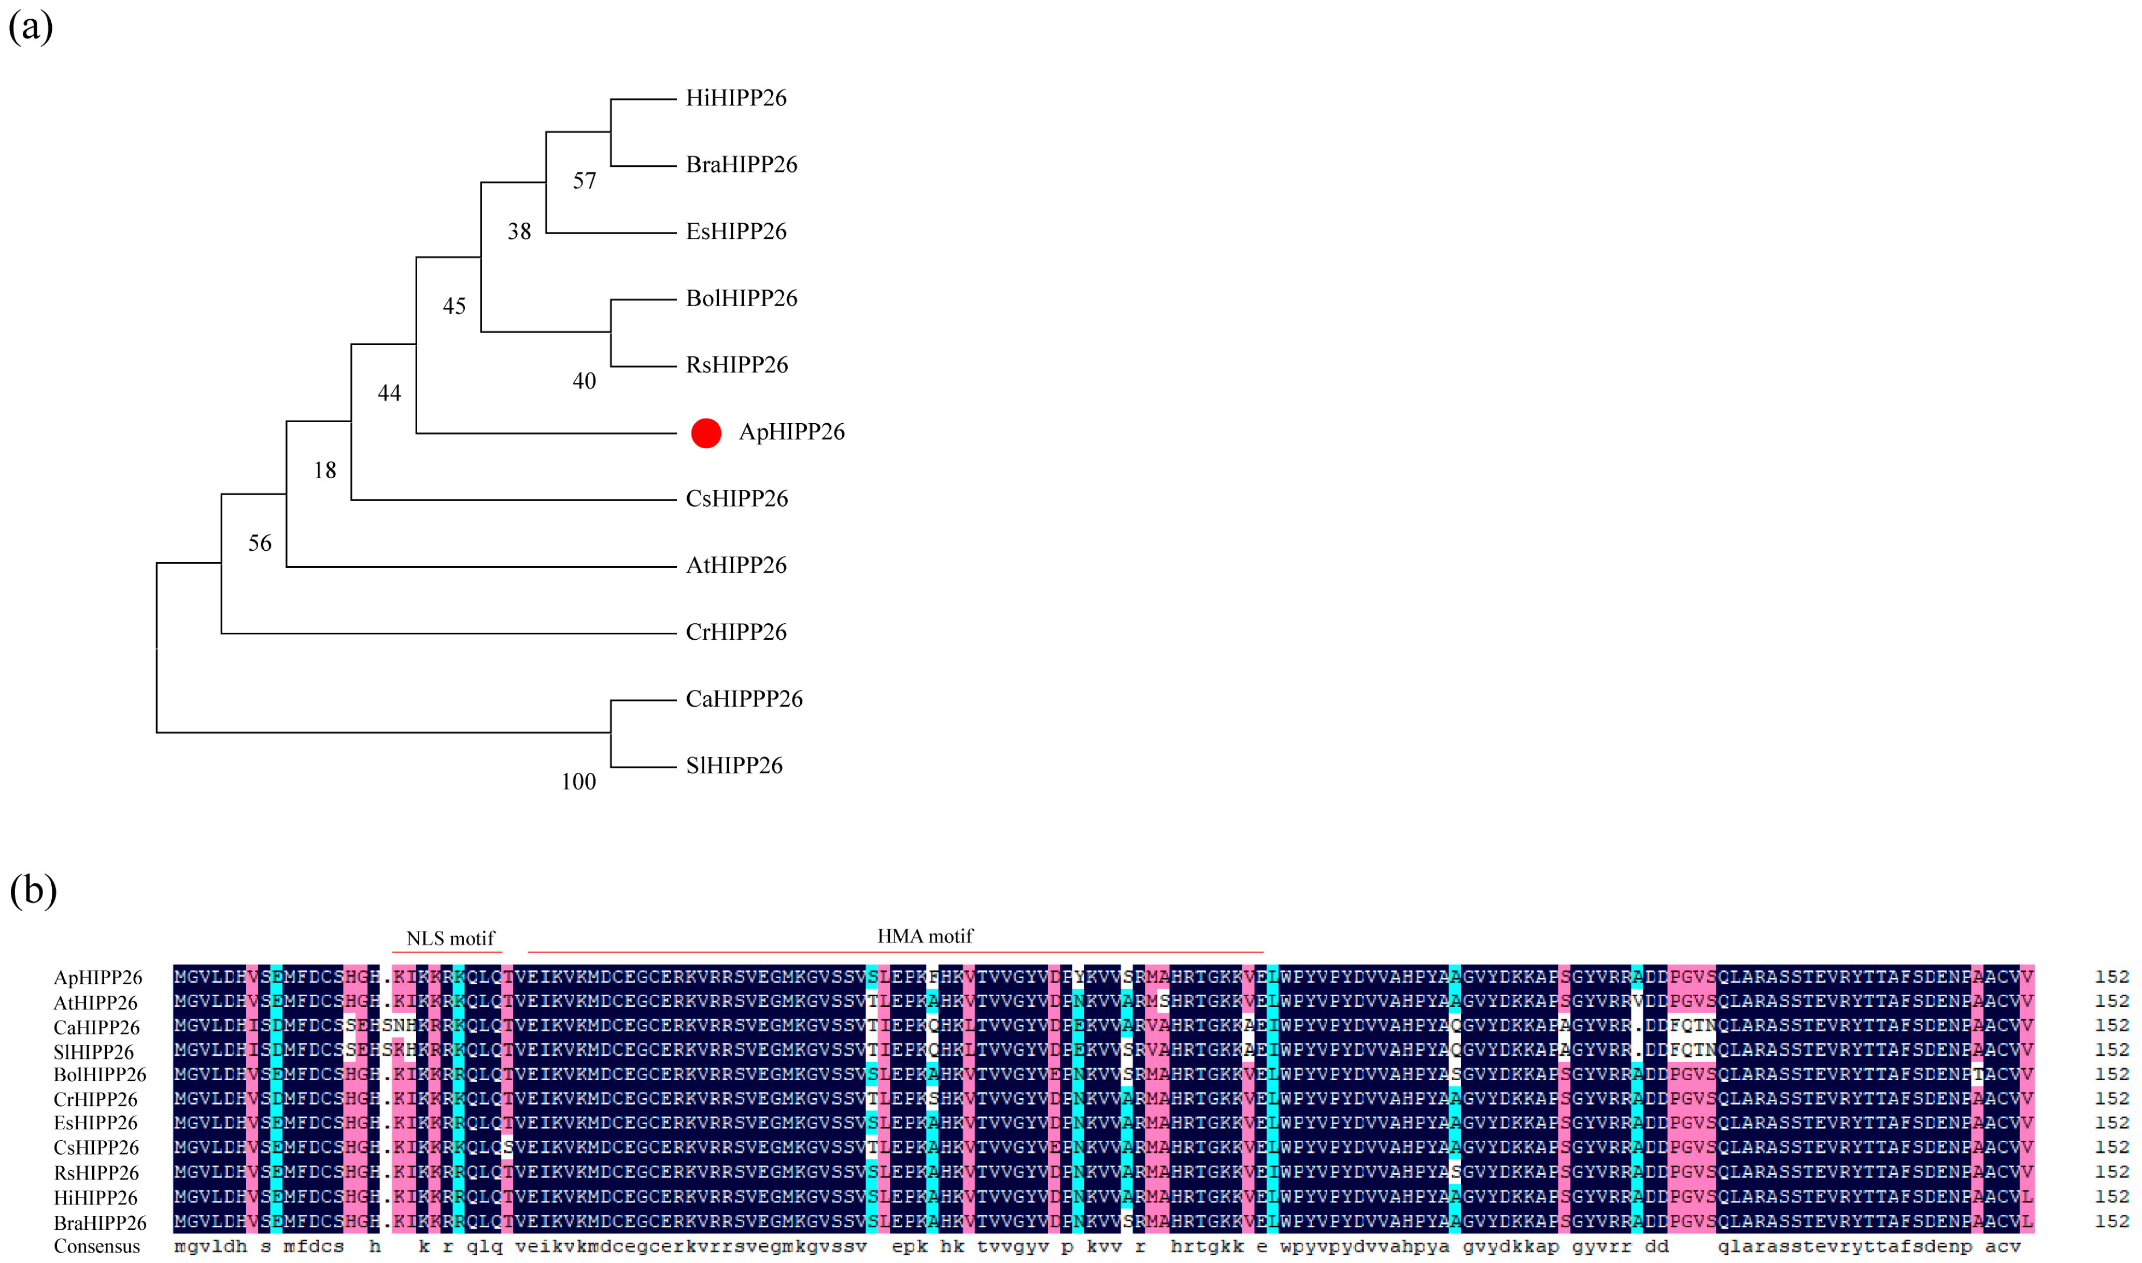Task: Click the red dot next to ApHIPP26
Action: coord(706,433)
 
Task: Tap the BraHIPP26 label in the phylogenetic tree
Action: coord(742,164)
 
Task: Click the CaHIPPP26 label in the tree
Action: coord(744,699)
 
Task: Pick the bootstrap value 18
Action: coord(324,470)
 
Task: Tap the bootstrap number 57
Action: coord(584,180)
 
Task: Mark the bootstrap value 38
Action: coord(519,232)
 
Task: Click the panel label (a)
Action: coord(31,27)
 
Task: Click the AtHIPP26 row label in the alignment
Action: coord(95,1002)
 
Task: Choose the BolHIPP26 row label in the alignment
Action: coord(100,1075)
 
